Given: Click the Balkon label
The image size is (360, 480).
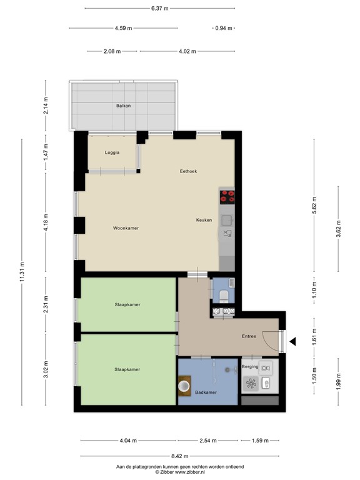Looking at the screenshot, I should click(123, 106).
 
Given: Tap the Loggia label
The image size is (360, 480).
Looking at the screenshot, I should click(112, 152).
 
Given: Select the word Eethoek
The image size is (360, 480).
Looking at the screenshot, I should click(188, 171).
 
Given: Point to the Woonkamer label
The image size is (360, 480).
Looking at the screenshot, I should click(126, 228).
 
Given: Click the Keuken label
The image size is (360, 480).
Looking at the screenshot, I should click(204, 220).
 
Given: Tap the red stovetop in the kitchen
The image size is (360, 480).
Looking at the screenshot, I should click(227, 196).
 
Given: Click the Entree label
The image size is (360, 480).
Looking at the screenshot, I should click(249, 336).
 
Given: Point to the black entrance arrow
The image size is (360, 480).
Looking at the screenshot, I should click(292, 341).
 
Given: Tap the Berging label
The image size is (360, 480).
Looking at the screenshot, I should click(250, 367).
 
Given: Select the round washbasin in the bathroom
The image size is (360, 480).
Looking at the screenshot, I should click(184, 386).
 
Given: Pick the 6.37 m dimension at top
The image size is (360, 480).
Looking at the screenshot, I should click(159, 9).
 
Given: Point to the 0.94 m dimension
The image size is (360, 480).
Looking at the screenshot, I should click(223, 28).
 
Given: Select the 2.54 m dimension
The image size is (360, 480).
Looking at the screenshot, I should click(207, 441).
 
